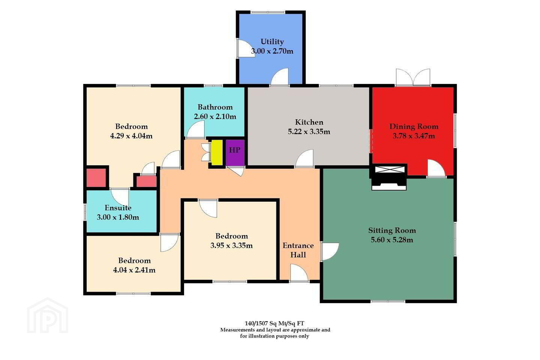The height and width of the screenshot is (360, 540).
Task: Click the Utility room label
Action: coord(272,42)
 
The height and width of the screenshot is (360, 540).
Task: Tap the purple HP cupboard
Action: coord(235,153)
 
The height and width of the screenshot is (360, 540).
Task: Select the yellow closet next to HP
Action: coord(217,153)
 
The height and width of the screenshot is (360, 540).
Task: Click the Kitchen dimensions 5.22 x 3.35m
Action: coord(309,132)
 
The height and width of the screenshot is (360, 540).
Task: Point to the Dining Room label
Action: coord(414,126)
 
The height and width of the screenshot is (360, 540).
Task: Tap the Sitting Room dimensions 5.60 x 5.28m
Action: coord(392,240)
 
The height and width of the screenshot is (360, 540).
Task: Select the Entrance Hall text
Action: coord(298,250)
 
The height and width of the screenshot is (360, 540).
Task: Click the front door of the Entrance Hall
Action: coord(299,273)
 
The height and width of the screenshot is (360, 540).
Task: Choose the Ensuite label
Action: coord(118,208)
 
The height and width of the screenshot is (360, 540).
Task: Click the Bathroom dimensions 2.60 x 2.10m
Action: coord(215,117)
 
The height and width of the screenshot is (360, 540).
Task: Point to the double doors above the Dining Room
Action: coord(413,77)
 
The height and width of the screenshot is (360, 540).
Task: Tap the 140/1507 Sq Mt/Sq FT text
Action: coord(274,323)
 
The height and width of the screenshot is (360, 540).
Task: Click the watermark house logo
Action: coord(48,315)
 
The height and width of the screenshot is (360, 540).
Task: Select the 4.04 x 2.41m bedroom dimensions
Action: coord(134,270)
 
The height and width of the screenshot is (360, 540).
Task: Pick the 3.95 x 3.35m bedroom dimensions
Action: coord(231,246)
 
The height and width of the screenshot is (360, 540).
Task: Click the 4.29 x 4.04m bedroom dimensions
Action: coord(131,136)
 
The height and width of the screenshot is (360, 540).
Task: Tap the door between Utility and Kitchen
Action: coord(280,77)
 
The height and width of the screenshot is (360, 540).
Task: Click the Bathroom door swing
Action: coord(195,129)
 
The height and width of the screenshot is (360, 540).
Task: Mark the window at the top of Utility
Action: coord(268,12)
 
